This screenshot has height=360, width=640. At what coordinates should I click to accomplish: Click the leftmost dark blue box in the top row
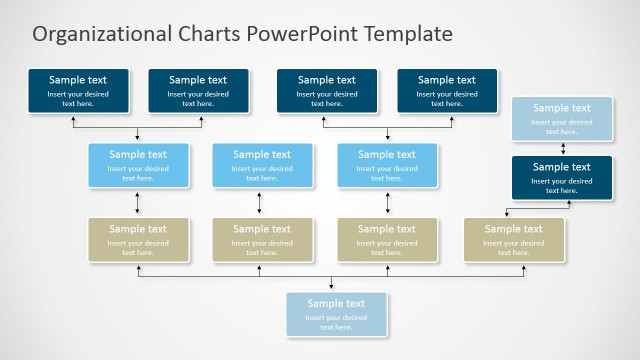[x=77, y=90]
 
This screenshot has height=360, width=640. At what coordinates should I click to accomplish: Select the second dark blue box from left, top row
[x=198, y=90]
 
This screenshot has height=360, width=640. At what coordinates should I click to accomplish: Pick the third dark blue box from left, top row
[x=327, y=90]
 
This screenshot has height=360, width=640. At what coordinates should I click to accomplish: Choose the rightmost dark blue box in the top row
[x=447, y=90]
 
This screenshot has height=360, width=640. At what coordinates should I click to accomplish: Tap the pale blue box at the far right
[x=562, y=118]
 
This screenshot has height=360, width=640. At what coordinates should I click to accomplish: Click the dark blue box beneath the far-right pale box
[x=562, y=177]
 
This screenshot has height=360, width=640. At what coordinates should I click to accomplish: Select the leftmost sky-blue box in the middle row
[x=138, y=165]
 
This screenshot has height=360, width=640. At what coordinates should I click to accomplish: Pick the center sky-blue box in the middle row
[x=262, y=165]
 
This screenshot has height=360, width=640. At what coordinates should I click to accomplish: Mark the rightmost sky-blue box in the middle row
[x=387, y=165]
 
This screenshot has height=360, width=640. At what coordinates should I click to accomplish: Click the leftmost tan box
[x=138, y=239]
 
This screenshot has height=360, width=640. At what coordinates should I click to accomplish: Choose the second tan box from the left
[x=262, y=239]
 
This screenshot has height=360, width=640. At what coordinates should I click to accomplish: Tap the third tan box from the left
[x=387, y=239]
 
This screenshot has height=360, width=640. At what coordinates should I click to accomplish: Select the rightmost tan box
[x=514, y=239]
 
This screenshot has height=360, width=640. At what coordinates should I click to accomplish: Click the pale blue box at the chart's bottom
[x=336, y=314]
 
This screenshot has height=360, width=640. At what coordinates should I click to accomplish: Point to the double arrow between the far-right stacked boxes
[x=562, y=148]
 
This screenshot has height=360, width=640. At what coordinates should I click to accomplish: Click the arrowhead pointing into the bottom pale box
[x=332, y=288]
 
